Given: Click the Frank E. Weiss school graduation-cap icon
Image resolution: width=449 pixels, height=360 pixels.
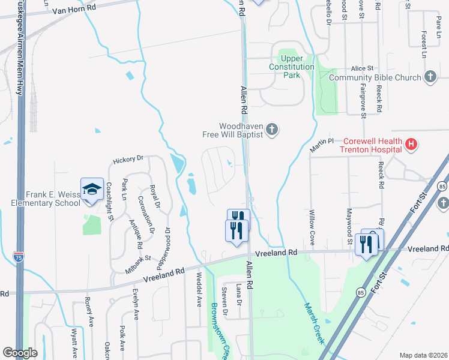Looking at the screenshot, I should point(92,190).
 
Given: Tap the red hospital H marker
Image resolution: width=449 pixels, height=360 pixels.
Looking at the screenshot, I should point(411,144).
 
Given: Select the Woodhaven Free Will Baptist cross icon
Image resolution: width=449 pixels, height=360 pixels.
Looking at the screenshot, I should point(272,130).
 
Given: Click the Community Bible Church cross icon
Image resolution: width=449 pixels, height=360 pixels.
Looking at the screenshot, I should point(430,77).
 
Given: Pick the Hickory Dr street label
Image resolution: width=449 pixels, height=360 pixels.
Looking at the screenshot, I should point(128,159).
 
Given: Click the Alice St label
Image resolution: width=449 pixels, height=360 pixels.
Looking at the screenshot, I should point(362,69).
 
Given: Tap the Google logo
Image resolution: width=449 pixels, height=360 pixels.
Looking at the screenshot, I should point(20,353).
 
